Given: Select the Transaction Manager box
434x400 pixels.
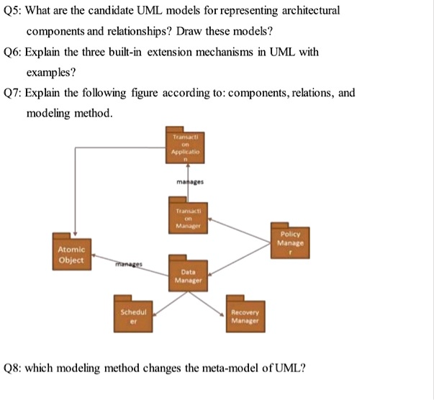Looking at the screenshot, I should (187, 217).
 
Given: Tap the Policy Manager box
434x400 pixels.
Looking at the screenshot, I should (291, 238).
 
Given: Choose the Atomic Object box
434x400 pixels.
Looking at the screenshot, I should (71, 253).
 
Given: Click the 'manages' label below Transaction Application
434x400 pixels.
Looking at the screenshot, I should (189, 183).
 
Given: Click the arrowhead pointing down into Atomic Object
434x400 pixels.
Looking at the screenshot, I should (76, 229).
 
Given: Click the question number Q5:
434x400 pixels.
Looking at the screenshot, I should (14, 12).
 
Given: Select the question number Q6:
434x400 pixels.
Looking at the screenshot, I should (14, 53).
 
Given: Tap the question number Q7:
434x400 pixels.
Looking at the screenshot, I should (14, 94).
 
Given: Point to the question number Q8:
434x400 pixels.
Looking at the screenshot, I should (14, 368).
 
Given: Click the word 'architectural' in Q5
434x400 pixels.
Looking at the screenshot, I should (307, 12).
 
